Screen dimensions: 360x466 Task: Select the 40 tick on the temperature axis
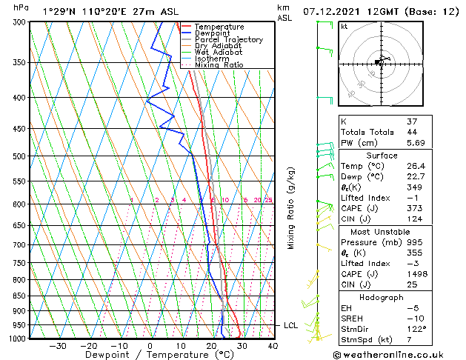273,345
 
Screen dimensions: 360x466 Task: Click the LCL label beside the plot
290,325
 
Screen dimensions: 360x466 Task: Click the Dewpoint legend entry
213,33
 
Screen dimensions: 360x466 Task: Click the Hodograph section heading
382,297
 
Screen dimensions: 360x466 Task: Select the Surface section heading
382,156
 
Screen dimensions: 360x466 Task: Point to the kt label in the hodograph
344,27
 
